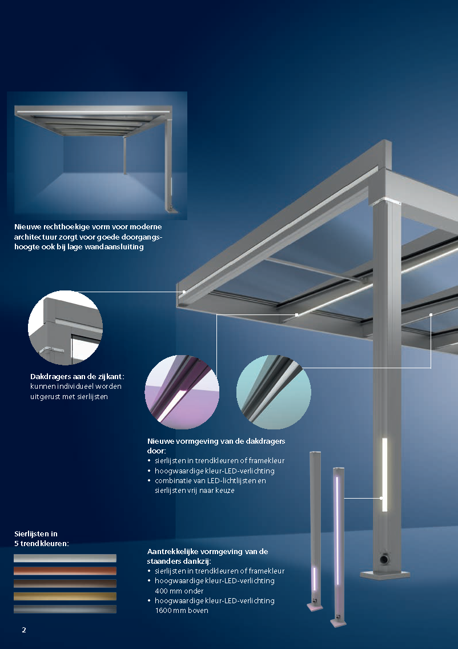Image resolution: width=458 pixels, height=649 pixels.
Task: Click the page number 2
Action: click(24, 630)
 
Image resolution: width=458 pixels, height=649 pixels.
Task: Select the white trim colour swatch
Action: click(65, 558)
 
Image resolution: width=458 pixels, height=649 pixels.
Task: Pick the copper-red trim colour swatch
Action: click(65, 571)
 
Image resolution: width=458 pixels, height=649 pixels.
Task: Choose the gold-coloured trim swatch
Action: click(65, 596)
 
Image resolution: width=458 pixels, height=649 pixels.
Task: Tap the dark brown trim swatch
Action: click(65, 584)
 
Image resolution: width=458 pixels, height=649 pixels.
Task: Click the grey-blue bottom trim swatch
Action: click(65, 610)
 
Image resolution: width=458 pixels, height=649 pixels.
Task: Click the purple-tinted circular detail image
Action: click(182, 392)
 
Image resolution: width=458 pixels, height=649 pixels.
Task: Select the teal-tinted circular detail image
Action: click(274, 392)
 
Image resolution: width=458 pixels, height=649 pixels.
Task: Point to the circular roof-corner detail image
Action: click(65, 328)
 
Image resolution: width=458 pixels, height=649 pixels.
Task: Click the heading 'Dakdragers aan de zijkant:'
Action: click(77, 377)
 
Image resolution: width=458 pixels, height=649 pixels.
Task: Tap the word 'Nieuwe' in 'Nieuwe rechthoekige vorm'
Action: click(27, 227)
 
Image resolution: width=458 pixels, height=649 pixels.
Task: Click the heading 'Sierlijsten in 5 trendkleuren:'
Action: click(41, 539)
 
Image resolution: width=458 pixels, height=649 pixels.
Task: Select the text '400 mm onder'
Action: click(179, 591)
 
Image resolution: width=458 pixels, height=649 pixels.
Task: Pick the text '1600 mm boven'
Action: click(182, 611)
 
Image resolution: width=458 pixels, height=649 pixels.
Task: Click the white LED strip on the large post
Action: click(384, 475)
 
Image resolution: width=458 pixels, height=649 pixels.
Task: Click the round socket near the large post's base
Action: click(384, 559)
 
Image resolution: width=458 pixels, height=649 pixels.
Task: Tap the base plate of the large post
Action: click(385, 575)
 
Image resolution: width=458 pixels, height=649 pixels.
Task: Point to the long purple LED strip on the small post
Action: click(338, 530)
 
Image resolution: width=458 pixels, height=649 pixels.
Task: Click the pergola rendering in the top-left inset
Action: click(97, 156)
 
